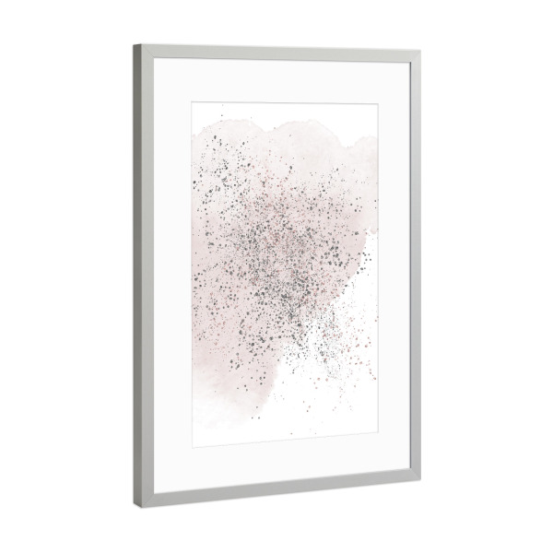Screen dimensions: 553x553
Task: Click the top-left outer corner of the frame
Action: pyautogui.click(x=134, y=44)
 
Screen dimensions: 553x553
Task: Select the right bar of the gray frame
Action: pyautogui.click(x=415, y=267)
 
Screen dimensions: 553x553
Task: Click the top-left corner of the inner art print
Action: pyautogui.click(x=192, y=101)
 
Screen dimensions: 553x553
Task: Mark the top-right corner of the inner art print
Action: pyautogui.click(x=378, y=106)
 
